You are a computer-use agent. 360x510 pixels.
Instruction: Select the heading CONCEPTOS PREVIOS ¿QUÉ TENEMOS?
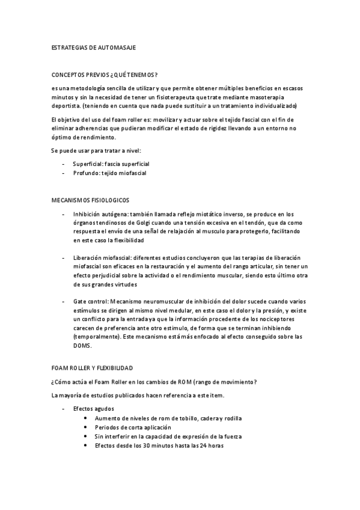(x=105, y=75)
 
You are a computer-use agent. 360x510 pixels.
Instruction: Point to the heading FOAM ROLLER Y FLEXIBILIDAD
(x=93, y=367)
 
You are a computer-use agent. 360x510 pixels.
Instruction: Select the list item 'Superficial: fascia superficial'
(x=111, y=164)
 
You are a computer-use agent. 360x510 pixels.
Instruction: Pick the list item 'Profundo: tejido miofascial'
(x=109, y=173)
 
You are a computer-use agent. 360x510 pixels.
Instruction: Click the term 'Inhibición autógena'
(x=99, y=214)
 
